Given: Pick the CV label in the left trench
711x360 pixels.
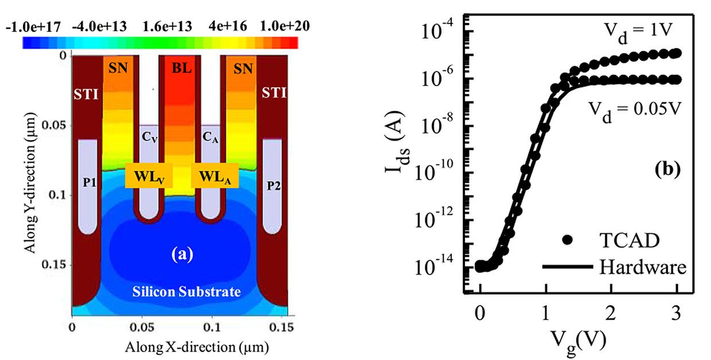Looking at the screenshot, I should click(149, 138).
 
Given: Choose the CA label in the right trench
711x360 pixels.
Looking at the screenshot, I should click(210, 138).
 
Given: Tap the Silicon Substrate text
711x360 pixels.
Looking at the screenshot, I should click(178, 292).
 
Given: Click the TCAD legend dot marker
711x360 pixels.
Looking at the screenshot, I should click(567, 241).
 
